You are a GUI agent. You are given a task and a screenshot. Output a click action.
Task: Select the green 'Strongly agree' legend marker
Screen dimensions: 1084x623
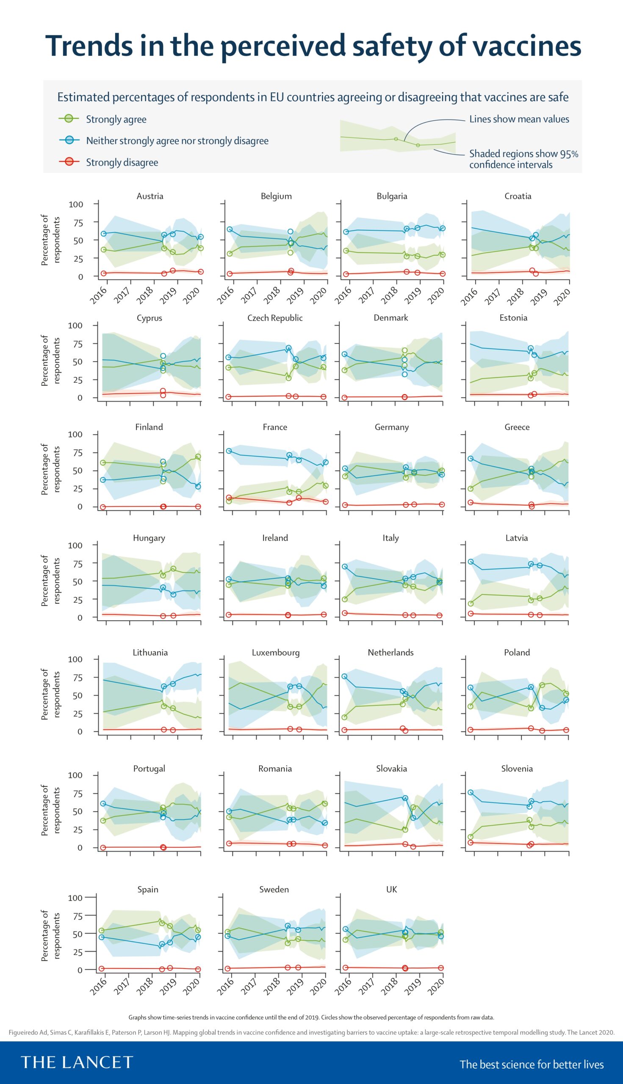(69, 119)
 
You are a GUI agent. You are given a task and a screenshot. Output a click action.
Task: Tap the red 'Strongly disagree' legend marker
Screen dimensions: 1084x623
(69, 162)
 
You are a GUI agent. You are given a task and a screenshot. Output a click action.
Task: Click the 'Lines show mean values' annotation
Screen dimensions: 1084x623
(519, 119)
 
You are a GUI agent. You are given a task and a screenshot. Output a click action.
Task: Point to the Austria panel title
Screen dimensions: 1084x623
(150, 196)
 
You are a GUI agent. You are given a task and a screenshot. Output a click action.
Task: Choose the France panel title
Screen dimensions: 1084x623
(275, 427)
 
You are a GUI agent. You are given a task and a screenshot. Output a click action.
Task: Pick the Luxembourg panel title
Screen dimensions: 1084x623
(276, 653)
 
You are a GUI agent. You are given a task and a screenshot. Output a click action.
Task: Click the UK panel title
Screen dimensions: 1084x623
(391, 889)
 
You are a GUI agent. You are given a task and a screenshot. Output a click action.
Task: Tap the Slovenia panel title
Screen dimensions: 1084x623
(517, 768)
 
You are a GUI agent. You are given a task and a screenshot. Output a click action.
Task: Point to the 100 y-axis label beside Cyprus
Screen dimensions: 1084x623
(75, 326)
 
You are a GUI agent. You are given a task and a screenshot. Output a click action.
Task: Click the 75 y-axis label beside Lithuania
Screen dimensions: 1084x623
(75, 677)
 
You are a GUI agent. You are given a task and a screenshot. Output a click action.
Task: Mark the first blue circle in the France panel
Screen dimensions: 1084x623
(229, 451)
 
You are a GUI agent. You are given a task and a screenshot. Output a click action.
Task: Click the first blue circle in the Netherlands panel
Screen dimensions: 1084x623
(344, 676)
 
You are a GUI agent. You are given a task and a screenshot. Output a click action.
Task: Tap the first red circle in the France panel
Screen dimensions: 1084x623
(229, 498)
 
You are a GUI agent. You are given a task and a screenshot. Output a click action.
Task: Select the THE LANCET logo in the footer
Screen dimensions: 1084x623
(77, 1062)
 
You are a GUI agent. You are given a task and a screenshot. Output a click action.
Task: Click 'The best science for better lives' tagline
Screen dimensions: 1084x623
(532, 1065)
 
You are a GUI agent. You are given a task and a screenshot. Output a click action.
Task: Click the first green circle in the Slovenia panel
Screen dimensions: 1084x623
(471, 837)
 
